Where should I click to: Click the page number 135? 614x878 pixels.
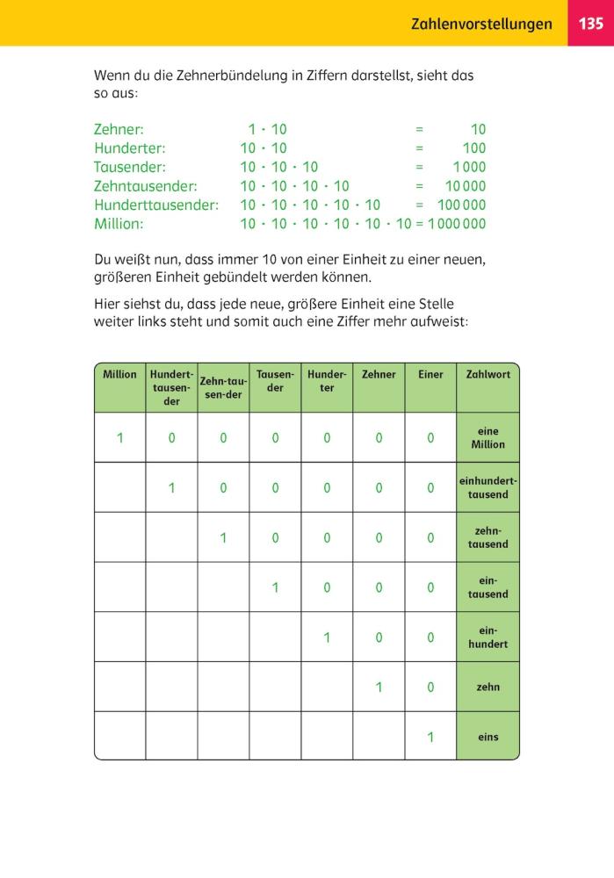click(x=591, y=24)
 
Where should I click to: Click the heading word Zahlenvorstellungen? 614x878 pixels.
click(x=481, y=24)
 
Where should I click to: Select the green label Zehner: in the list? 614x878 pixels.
click(x=119, y=130)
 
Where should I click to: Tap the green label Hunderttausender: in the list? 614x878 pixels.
click(x=155, y=205)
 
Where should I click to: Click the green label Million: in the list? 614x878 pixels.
click(x=119, y=224)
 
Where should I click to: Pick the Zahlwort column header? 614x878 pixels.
click(x=488, y=375)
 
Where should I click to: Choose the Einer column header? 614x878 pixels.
click(x=430, y=375)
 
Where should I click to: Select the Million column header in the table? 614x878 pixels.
click(x=119, y=375)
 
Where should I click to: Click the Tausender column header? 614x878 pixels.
click(x=275, y=381)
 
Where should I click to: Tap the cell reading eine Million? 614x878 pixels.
click(x=488, y=438)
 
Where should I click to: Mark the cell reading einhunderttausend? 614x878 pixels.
click(x=488, y=487)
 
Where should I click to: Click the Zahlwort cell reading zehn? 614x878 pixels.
click(x=488, y=687)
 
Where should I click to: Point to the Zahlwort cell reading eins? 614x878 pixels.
click(x=488, y=738)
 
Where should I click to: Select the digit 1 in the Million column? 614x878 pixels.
click(x=120, y=438)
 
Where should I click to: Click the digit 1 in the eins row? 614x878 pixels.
click(x=430, y=738)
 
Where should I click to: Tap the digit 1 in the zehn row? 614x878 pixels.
click(x=379, y=687)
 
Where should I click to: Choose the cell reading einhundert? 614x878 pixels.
click(x=488, y=637)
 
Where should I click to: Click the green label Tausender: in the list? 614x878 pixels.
click(x=130, y=167)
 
